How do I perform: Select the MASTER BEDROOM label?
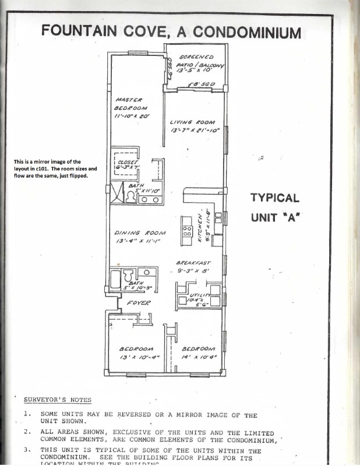coord(132,103)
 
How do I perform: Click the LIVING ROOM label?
coord(192,122)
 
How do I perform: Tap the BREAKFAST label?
coord(193,263)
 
